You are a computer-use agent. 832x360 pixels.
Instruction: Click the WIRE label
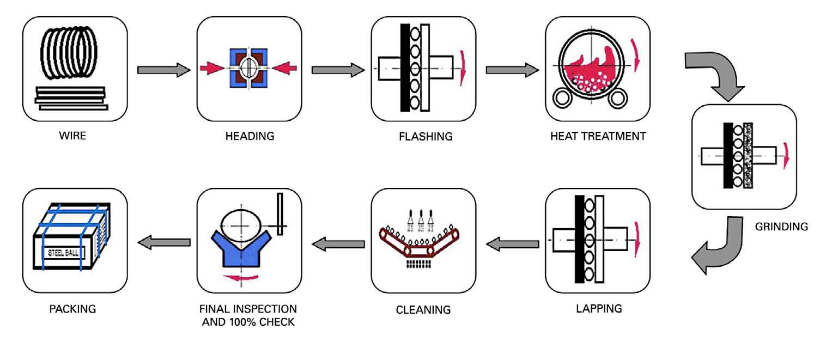pyautogui.click(x=72, y=136)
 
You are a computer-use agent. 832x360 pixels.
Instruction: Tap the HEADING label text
pyautogui.click(x=250, y=136)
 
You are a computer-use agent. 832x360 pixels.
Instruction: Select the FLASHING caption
pyautogui.click(x=425, y=136)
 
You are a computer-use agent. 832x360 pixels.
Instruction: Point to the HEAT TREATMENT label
pyautogui.click(x=598, y=136)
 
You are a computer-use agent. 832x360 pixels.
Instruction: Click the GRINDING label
pyautogui.click(x=781, y=226)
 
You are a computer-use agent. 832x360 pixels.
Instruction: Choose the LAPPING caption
pyautogui.click(x=599, y=308)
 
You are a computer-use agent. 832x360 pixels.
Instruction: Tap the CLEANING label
pyautogui.click(x=423, y=309)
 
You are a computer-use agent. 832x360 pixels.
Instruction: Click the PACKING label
pyautogui.click(x=72, y=309)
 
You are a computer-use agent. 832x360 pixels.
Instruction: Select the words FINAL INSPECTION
pyautogui.click(x=248, y=308)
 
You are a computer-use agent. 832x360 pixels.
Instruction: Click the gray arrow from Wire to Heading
pyautogui.click(x=163, y=70)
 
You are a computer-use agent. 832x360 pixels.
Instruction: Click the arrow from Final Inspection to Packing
pyautogui.click(x=163, y=243)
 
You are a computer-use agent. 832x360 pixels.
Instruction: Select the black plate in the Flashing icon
pyautogui.click(x=405, y=68)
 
